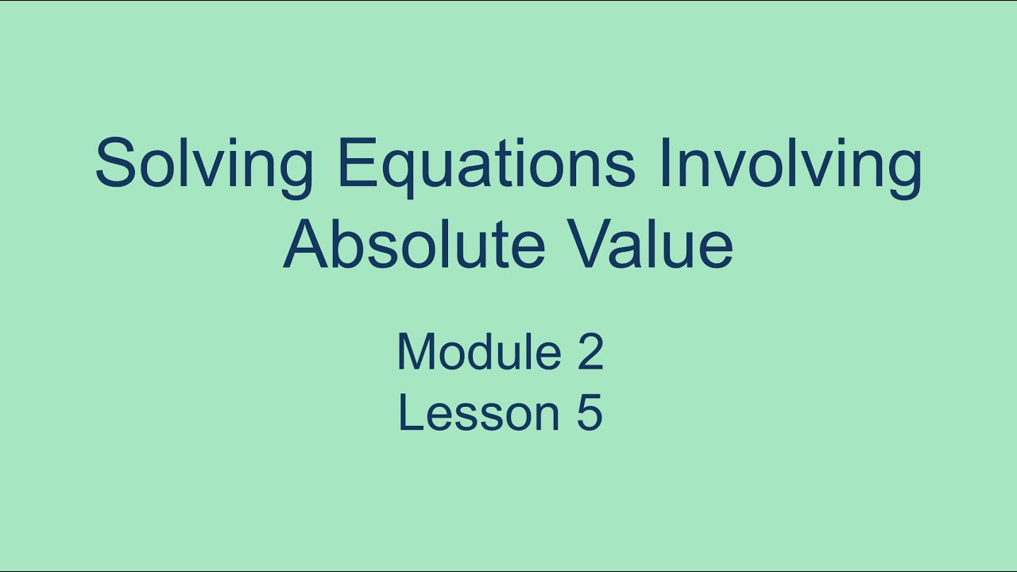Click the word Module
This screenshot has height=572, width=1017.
click(479, 352)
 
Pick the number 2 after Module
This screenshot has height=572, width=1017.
click(590, 352)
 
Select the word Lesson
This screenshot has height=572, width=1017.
click(478, 413)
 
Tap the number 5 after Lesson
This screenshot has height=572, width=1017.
click(590, 413)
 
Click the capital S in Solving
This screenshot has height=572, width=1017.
click(116, 163)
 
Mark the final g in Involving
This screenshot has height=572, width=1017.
click(903, 171)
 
